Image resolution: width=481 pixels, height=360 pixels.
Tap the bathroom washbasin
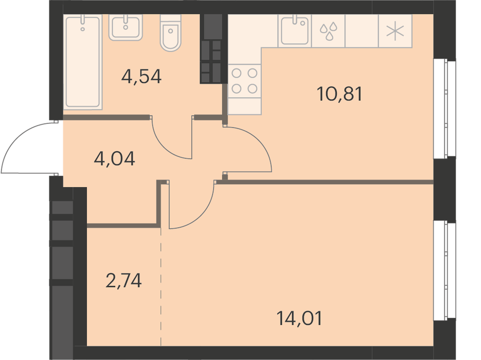[126, 27]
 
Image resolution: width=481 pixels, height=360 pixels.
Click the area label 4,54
[141, 77]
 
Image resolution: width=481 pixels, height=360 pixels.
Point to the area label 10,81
[340, 94]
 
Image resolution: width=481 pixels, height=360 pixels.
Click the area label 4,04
[114, 159]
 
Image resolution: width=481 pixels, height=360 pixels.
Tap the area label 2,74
[123, 281]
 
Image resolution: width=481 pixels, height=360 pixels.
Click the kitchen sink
[294, 31]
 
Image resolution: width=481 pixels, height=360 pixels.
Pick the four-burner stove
[244, 81]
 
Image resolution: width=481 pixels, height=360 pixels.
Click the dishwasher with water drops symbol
[328, 31]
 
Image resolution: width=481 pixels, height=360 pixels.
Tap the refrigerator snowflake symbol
[395, 31]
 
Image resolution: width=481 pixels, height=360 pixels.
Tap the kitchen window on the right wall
[444, 109]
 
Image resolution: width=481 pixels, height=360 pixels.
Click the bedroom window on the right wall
[444, 271]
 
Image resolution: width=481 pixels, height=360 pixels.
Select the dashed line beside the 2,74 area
[161, 287]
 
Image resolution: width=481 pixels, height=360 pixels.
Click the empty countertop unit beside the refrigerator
[362, 31]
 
